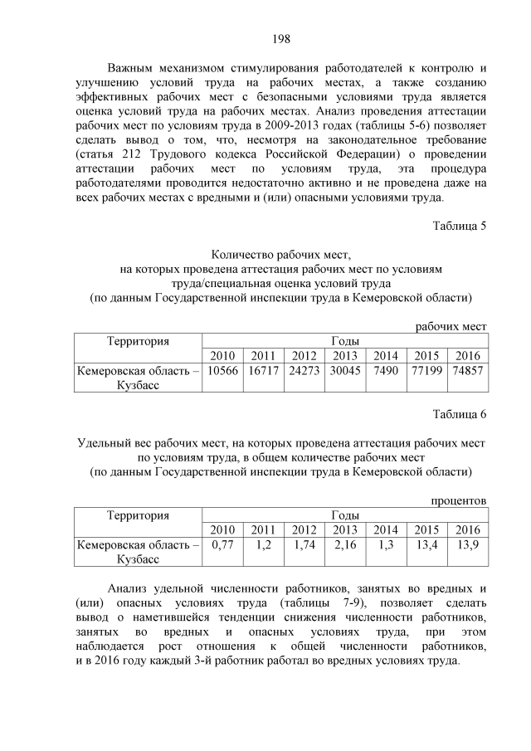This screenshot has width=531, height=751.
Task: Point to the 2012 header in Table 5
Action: pyautogui.click(x=304, y=356)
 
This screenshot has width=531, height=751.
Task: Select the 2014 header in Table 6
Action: pyautogui.click(x=386, y=530)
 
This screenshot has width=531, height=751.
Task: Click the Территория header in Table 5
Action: pyautogui.click(x=138, y=340)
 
